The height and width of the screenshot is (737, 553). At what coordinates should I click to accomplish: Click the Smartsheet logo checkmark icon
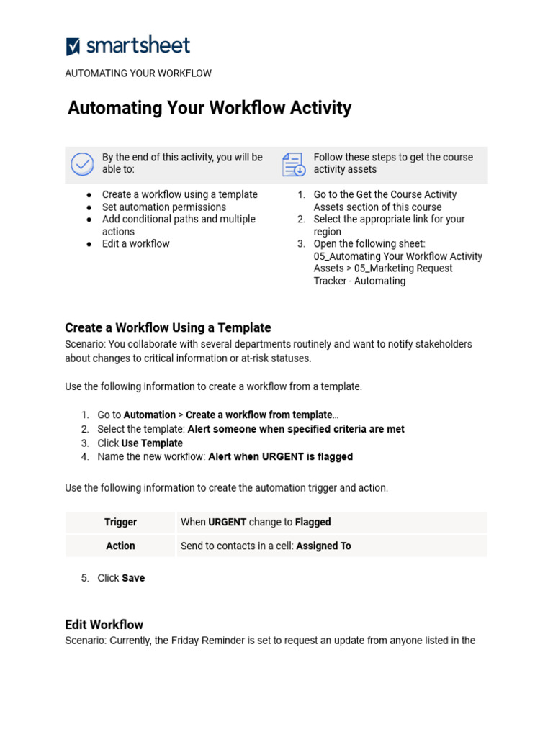coord(73,47)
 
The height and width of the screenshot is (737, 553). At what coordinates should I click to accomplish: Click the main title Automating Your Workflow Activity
coord(210,108)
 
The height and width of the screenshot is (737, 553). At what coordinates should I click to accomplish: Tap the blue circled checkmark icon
coord(82,164)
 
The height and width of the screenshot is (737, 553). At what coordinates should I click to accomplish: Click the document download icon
coord(294,164)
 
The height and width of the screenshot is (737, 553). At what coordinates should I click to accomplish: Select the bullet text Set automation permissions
coord(163,207)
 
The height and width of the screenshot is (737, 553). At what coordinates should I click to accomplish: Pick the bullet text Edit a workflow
coord(135,244)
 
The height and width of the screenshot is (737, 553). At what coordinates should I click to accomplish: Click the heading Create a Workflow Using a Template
coord(168,327)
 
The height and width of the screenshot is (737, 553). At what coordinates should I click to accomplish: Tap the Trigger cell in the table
coord(120,523)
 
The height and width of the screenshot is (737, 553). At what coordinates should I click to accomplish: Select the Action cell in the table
coord(120,546)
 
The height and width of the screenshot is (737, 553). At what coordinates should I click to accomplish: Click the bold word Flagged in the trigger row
coord(313,523)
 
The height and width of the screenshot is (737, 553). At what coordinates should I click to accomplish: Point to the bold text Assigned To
coord(323,546)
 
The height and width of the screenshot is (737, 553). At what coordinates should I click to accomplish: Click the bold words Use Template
coord(152,443)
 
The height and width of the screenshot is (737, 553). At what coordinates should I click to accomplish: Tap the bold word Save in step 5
coord(133,578)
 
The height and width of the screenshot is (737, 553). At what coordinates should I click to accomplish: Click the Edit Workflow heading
coord(104,625)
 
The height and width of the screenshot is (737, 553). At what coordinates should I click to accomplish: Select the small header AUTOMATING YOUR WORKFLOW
coord(138,73)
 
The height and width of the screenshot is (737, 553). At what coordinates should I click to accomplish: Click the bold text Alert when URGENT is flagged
coord(280,457)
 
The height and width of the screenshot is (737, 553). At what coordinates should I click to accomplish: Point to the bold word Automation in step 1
coord(149,415)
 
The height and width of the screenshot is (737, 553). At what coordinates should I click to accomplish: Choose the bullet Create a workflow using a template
coord(179,195)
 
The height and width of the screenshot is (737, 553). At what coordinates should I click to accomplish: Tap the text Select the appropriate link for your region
coord(389,220)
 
